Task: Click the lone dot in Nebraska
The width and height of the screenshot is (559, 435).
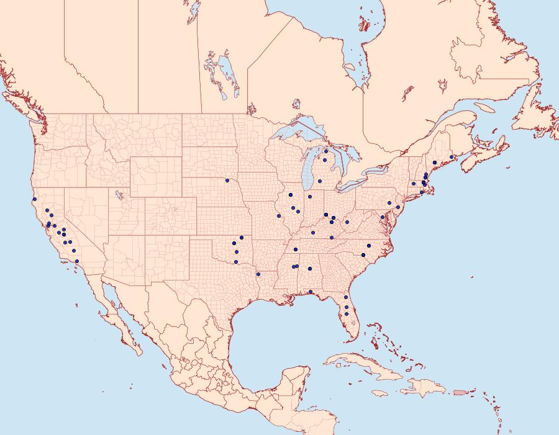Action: point(227,181)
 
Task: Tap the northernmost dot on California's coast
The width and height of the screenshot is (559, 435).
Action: point(35,199)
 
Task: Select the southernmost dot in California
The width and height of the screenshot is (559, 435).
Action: point(76,261)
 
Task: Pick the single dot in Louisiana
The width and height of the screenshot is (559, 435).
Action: point(258,274)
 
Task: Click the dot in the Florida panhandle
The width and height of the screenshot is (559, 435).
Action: point(310,292)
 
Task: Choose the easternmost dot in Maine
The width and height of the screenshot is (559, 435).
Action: point(452,157)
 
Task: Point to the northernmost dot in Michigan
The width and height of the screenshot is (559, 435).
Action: point(325,151)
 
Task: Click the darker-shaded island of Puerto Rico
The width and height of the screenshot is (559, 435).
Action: point(459,392)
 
